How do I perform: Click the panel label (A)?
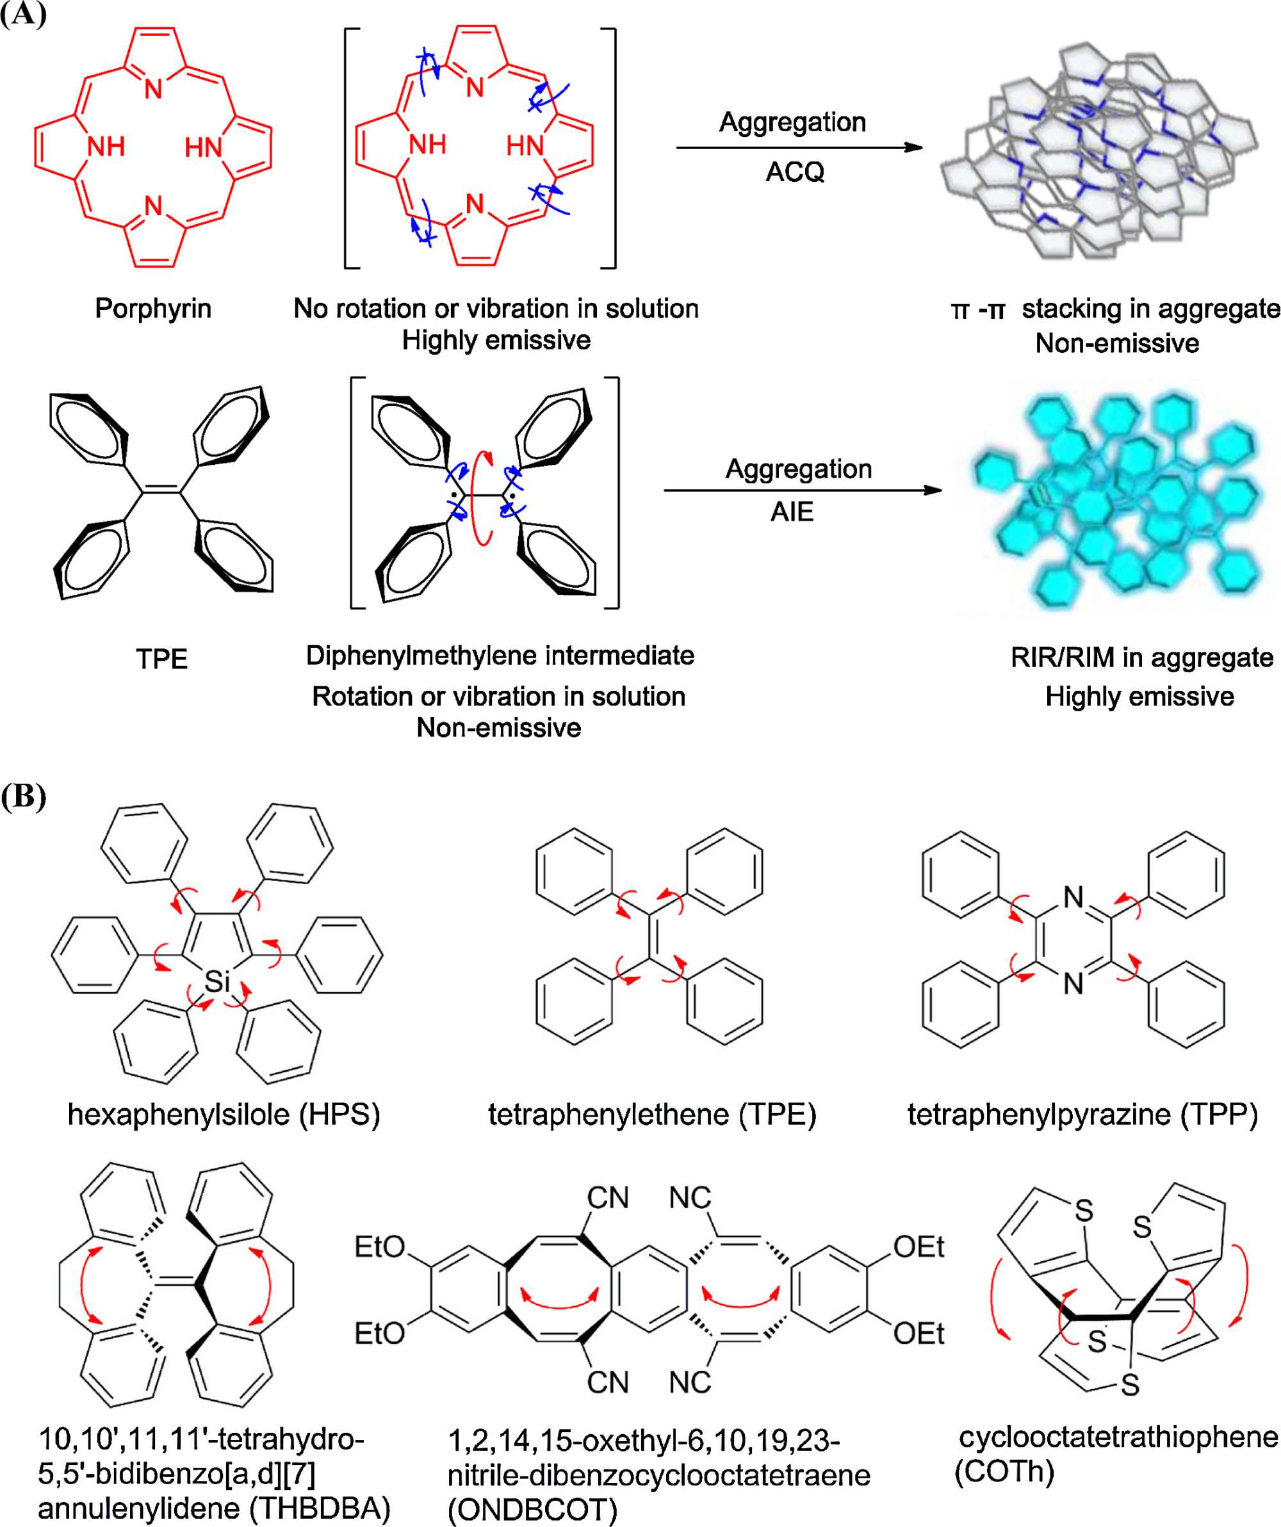(23, 14)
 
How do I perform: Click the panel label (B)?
(23, 796)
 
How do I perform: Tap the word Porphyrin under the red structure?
(153, 309)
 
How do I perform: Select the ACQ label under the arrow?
(795, 172)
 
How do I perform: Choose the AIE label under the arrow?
(792, 512)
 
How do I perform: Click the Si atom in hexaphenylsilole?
(216, 982)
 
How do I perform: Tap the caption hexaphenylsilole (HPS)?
(224, 1115)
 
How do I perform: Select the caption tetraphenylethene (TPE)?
(652, 1115)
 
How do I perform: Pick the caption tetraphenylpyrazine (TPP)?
(1082, 1115)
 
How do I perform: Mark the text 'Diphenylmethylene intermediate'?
(500, 655)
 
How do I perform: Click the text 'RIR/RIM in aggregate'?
(1141, 658)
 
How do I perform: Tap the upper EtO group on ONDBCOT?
(379, 1247)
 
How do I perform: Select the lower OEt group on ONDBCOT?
(918, 1334)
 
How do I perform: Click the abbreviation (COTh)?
(1004, 1471)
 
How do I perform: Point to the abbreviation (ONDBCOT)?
(532, 1510)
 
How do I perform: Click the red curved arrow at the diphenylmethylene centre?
(480, 497)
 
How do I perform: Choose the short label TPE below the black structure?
(161, 659)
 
